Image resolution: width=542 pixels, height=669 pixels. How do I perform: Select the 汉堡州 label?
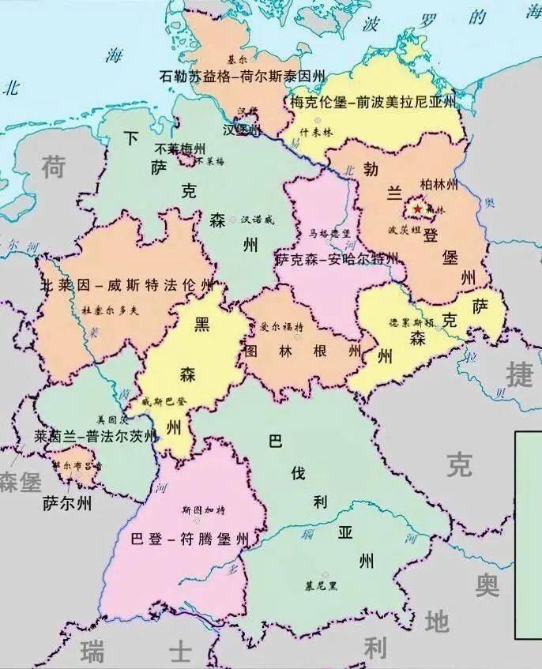[x=242, y=130]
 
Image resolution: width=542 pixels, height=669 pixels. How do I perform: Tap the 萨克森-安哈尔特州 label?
[x=336, y=258]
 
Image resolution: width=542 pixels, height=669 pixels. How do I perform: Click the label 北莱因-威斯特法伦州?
[x=126, y=284]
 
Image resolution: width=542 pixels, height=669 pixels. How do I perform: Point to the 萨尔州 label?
[x=66, y=503]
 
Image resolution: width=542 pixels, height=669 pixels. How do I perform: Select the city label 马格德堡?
[x=329, y=234]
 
